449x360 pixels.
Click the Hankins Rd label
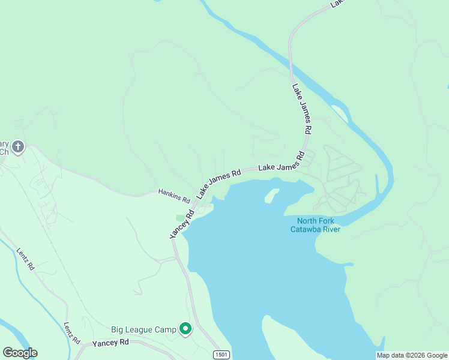pos(174,195)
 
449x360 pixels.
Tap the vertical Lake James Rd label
pos(302,108)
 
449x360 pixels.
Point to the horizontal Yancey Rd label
pos(110,343)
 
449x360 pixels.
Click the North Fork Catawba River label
pos(315,224)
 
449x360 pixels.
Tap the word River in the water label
pos(331,229)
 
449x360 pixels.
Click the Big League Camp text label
pos(143,329)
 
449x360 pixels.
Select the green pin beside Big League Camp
pos(185,328)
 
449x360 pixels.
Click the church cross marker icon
pos(18,146)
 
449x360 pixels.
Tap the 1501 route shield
pos(221,355)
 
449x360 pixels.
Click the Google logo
pos(20,353)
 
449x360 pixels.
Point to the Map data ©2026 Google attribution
pos(412,355)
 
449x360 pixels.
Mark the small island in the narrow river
pos(339,112)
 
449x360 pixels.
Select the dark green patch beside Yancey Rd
pos(180,217)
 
